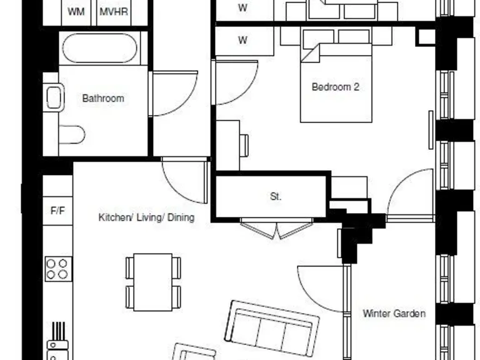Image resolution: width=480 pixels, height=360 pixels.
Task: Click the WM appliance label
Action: click(x=76, y=12)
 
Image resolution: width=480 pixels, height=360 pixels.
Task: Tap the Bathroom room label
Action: click(x=103, y=98)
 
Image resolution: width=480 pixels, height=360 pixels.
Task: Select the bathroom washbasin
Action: click(x=54, y=97)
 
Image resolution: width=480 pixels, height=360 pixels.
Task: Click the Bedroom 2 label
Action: click(x=335, y=87)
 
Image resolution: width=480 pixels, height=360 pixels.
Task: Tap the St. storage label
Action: click(x=276, y=196)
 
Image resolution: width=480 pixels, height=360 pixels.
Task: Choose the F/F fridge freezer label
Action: click(x=57, y=211)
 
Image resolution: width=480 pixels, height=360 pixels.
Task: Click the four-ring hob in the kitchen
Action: click(x=57, y=269)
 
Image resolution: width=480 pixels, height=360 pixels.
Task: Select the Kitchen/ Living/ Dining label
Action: click(x=146, y=217)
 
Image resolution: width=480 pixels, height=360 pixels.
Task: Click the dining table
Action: click(x=153, y=282)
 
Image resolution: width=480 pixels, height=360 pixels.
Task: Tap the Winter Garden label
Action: click(x=394, y=313)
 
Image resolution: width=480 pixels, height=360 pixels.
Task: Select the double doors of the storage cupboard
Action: click(x=276, y=229)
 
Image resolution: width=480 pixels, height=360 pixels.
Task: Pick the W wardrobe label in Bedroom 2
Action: click(x=242, y=41)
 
